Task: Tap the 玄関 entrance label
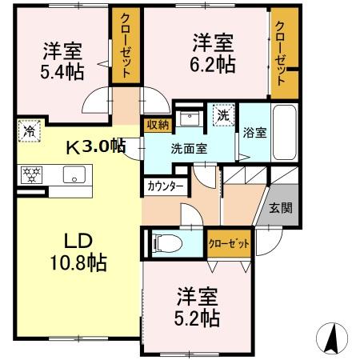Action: point(281,209)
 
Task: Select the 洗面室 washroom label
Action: point(189,148)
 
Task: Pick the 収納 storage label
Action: point(157,124)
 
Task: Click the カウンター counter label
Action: point(166,186)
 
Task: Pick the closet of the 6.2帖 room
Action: point(282,48)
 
